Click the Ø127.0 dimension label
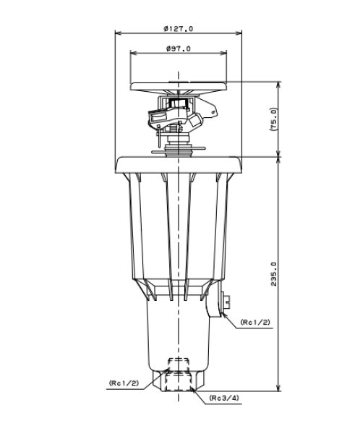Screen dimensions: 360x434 click(179, 28)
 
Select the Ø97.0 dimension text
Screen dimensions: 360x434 click(179, 48)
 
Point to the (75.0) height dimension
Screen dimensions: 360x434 click(273, 119)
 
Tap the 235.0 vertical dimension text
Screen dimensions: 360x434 click(273, 274)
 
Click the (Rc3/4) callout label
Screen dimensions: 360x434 click(224, 398)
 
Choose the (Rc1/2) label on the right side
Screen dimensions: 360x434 click(255, 322)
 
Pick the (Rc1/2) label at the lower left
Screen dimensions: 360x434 click(124, 383)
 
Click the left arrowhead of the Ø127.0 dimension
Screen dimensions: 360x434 click(119, 33)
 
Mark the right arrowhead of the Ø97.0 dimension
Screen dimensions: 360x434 click(223, 53)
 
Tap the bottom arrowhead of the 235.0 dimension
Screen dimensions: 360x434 click(278, 388)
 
